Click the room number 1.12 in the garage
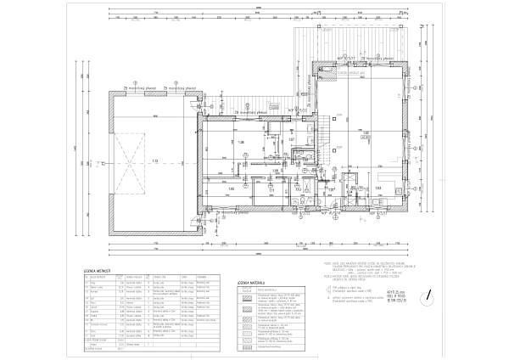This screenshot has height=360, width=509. [155, 160]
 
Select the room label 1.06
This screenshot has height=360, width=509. [240, 142]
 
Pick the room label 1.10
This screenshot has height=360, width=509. [231, 189]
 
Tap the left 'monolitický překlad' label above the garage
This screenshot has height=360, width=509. [140, 87]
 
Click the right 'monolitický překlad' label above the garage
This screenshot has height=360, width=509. [181, 87]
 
